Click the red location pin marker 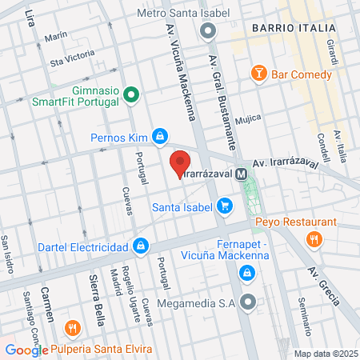[x=180, y=162]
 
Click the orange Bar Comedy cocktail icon [x=258, y=74]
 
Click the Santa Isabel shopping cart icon [x=226, y=206]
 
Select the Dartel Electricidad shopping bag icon [x=141, y=245]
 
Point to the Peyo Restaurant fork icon [x=314, y=238]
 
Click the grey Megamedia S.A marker [x=248, y=302]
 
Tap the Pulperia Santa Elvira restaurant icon [x=73, y=328]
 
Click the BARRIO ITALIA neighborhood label [x=293, y=28]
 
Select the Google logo [x=26, y=350]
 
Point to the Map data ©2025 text [x=325, y=354]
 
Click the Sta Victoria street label [x=72, y=58]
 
